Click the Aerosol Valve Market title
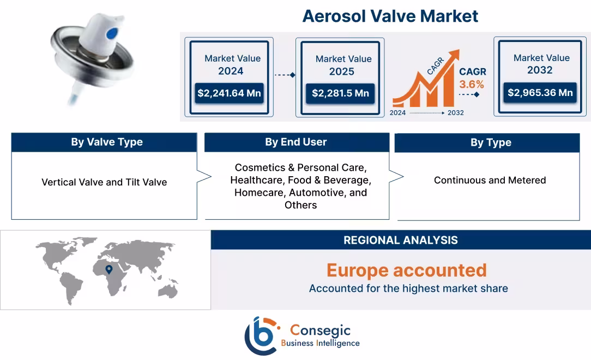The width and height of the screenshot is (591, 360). click(390, 16)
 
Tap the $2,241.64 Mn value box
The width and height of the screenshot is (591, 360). click(229, 93)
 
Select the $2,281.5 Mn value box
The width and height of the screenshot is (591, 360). click(340, 93)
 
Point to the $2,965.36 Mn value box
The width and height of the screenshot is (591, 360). click(540, 93)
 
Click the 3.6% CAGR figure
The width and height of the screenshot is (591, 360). click(472, 85)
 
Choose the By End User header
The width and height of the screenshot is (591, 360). click(296, 142)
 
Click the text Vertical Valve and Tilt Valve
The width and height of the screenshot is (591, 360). click(104, 182)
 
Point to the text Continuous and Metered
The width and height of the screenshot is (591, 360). click(490, 180)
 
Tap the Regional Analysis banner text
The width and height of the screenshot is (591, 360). click(401, 240)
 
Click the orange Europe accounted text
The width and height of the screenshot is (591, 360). click(407, 270)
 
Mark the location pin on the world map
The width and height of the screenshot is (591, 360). click(109, 269)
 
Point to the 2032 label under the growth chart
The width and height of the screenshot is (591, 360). click(455, 113)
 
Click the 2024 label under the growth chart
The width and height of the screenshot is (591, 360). click(397, 113)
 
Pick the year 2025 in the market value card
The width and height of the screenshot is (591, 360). click(342, 71)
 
